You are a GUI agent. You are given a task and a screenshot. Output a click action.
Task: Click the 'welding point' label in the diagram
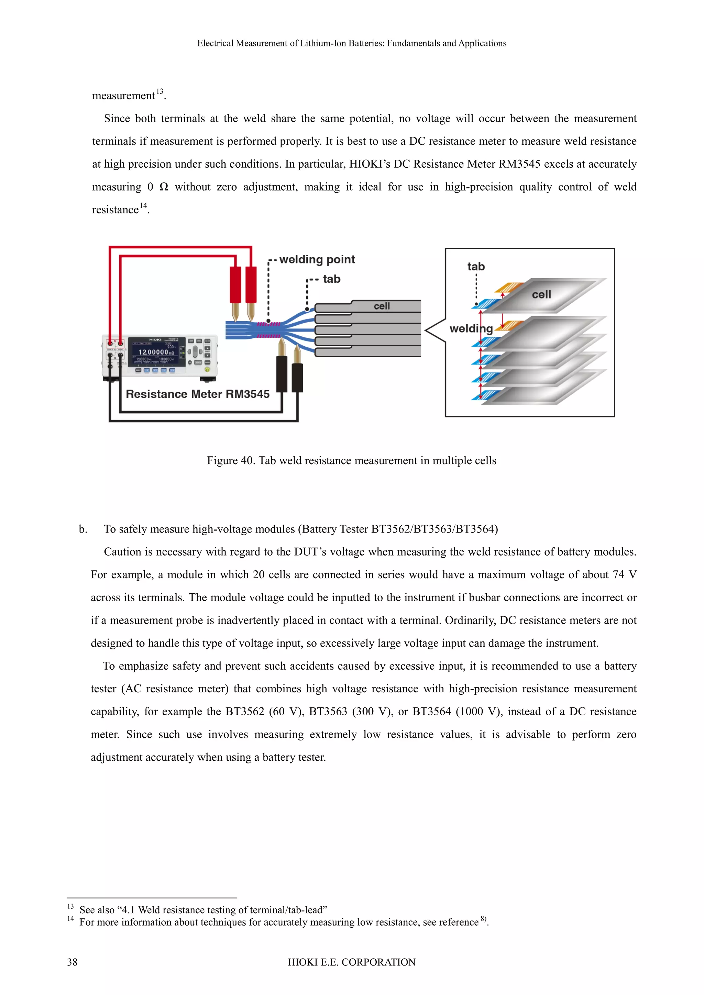pos(317,260)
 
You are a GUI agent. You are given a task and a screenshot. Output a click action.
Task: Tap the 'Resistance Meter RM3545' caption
pos(198,394)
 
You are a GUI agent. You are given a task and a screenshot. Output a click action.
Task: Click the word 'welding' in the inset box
pos(471,328)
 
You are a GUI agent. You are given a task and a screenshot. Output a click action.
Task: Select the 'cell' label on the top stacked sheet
pos(541,295)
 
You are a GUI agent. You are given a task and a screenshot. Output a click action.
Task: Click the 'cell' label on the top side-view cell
pos(382,306)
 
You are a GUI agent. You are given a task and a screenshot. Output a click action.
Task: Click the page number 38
pos(73,962)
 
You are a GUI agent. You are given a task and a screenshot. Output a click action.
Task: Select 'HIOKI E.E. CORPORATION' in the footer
pos(352,962)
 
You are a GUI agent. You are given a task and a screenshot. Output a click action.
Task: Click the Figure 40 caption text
pos(352,461)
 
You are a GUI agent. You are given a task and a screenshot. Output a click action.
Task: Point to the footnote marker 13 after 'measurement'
pos(159,91)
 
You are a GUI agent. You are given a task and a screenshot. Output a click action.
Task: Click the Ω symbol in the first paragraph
pos(164,187)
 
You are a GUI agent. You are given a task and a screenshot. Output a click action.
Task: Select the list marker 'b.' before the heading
pos(83,529)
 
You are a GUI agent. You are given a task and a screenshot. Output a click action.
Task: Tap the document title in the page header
pos(352,43)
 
